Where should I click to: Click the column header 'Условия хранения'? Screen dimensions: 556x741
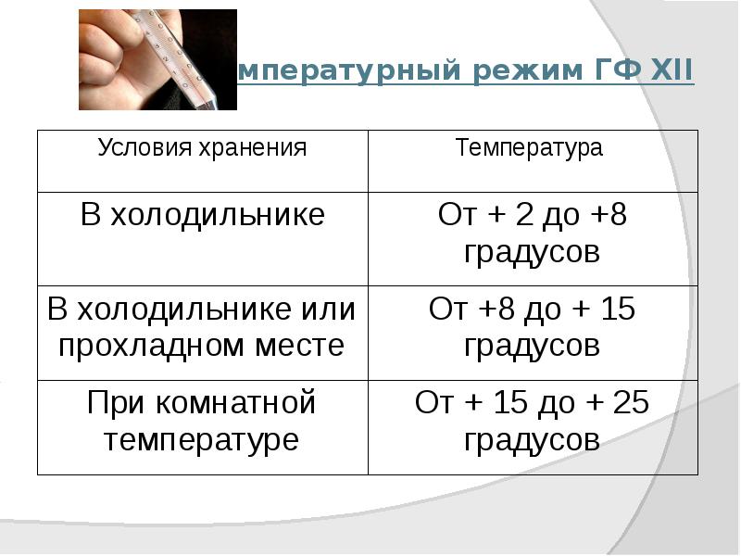(202, 148)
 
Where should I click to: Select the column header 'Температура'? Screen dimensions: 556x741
(530, 148)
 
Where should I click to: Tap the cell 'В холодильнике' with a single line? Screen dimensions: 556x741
(202, 216)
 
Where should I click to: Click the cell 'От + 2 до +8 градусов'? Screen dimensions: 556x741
(532, 234)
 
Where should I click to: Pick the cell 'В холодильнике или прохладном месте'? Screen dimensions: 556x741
(202, 327)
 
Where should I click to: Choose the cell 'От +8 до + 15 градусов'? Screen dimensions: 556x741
(532, 327)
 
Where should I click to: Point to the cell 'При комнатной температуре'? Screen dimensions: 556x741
(202, 421)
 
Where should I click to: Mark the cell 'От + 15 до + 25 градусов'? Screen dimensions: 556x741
(532, 421)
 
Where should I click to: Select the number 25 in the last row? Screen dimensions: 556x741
(630, 403)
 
